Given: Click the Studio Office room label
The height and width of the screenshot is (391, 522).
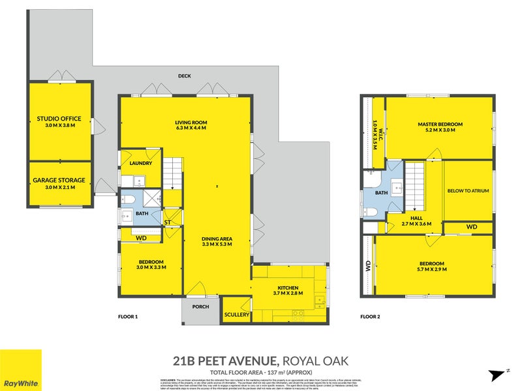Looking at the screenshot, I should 59,119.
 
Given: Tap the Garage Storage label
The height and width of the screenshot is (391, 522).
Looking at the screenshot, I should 59,179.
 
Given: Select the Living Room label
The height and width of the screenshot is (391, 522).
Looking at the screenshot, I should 191,123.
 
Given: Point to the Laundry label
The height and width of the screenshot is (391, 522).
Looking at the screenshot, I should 140,164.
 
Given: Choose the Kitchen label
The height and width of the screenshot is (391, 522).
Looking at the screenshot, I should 288,287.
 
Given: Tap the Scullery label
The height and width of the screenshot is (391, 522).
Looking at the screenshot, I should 236,315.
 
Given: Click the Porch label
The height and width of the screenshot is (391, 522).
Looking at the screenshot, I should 200,308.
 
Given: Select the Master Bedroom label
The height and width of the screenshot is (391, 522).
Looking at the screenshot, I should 440,124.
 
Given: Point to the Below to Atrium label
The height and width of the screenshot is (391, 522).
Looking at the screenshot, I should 468,191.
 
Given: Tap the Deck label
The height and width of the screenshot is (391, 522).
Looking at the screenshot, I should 184,76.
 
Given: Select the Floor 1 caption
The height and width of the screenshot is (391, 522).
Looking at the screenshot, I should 127,317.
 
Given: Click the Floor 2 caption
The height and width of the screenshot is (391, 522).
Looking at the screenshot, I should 370,317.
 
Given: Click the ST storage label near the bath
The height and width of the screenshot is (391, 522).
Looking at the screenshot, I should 168,223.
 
